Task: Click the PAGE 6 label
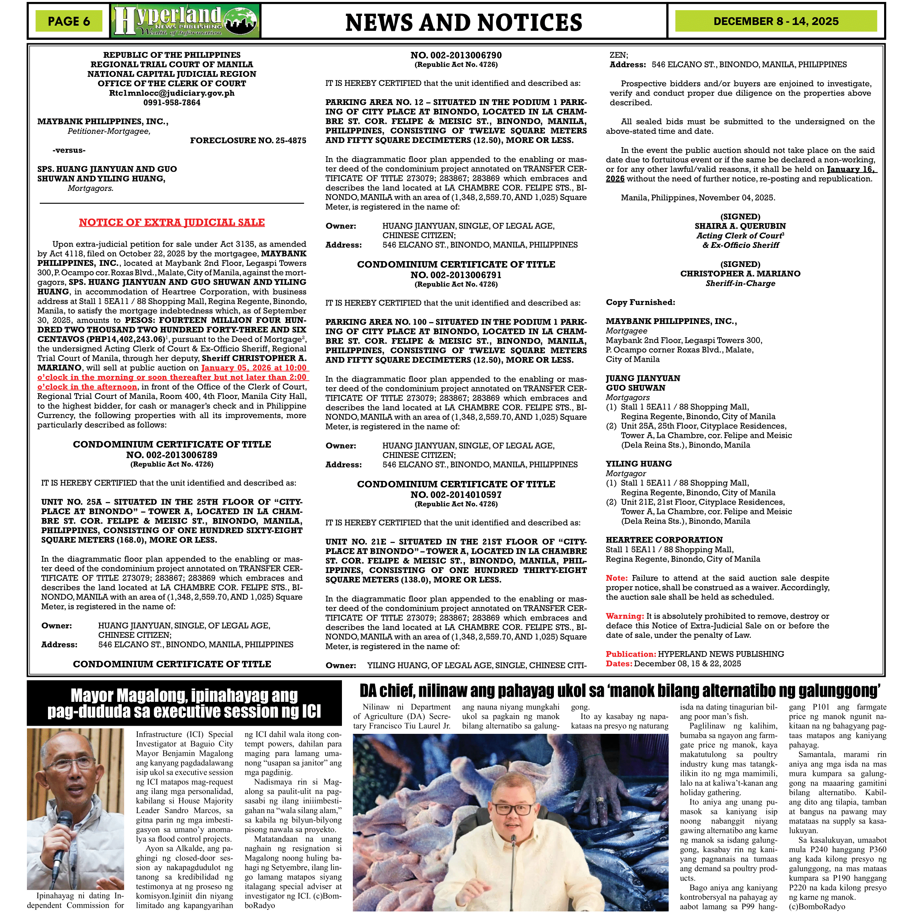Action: (x=69, y=21)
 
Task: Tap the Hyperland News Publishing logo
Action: (x=186, y=21)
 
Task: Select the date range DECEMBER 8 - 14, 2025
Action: (x=776, y=21)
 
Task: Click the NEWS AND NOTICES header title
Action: (x=464, y=22)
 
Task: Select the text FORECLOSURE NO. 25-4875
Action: (x=248, y=141)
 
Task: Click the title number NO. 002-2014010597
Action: (x=456, y=494)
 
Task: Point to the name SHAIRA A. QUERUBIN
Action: (x=740, y=226)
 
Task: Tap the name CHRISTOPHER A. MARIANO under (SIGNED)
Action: (x=740, y=274)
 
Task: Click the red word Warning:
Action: (x=625, y=616)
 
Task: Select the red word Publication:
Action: (x=630, y=654)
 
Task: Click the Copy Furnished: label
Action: (x=640, y=302)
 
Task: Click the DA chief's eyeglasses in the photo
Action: (x=513, y=810)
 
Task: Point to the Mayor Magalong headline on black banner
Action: (x=184, y=703)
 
